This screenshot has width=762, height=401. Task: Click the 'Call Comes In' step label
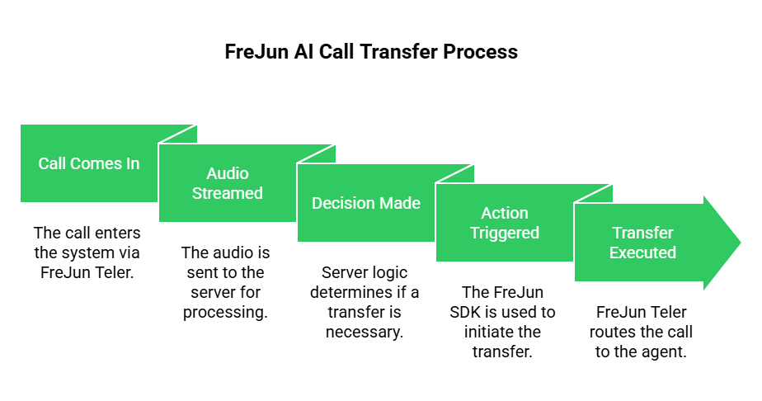click(x=89, y=163)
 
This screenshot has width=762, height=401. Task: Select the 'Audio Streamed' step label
click(x=228, y=183)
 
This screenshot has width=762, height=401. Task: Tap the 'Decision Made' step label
click(x=366, y=203)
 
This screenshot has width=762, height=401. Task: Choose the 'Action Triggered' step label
click(x=505, y=223)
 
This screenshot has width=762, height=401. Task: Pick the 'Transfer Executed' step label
click(x=642, y=243)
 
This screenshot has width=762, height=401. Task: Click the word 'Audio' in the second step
click(x=228, y=173)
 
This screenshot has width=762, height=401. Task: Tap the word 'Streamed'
click(x=228, y=193)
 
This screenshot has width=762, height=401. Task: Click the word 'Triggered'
click(x=505, y=233)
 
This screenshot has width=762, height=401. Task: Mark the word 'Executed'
click(x=642, y=252)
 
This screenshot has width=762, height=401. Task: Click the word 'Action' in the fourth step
click(x=505, y=213)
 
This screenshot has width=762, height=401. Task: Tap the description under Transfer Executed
click(x=642, y=331)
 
